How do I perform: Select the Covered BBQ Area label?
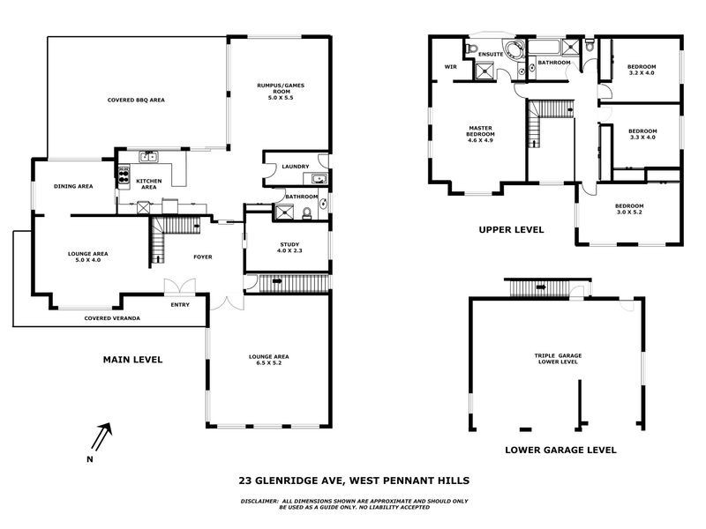[x=136, y=100]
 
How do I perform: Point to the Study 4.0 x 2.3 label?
[x=291, y=249]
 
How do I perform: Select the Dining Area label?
[x=73, y=186]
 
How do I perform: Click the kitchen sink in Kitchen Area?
[x=149, y=158]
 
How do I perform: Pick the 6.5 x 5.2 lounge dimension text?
[x=269, y=362]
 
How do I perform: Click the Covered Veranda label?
[x=112, y=317]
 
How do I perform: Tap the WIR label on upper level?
[x=450, y=66]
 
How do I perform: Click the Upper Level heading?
[x=511, y=229]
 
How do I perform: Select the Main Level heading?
[x=133, y=359]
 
